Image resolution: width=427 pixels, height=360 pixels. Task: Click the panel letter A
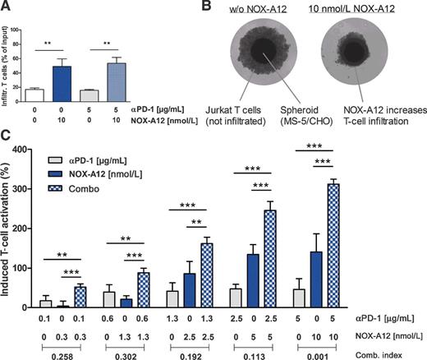coord(6,7)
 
